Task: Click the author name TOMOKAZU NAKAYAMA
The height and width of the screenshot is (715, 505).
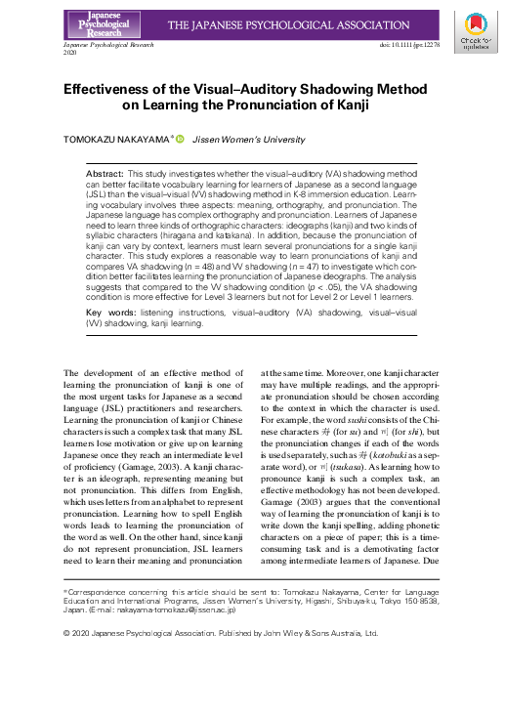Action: coord(117,141)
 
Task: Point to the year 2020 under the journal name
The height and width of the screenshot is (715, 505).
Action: coord(69,54)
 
